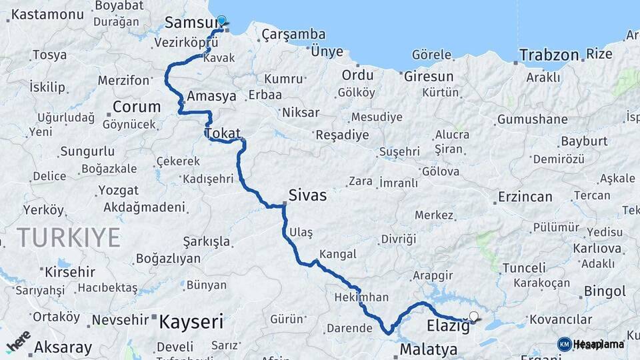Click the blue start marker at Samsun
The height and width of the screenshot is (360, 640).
(221, 21)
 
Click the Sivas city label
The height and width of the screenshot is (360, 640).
(307, 195)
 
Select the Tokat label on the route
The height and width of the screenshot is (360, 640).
(223, 133)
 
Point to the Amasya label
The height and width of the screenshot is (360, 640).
(212, 96)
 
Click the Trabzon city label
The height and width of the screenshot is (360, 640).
(549, 54)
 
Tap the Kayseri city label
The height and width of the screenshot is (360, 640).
(191, 323)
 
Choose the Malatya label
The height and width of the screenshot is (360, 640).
(429, 349)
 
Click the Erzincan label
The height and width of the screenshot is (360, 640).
(525, 197)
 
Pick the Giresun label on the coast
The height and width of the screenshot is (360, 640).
(429, 76)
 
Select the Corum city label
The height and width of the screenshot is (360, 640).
(137, 107)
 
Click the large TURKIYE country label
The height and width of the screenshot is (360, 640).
(69, 237)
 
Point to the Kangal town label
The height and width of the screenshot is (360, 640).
(338, 254)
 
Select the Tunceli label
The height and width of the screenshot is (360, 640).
(523, 268)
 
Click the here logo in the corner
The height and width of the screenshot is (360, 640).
(18, 341)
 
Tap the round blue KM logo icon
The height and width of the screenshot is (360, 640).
(564, 344)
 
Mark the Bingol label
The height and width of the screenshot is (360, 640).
(605, 291)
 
